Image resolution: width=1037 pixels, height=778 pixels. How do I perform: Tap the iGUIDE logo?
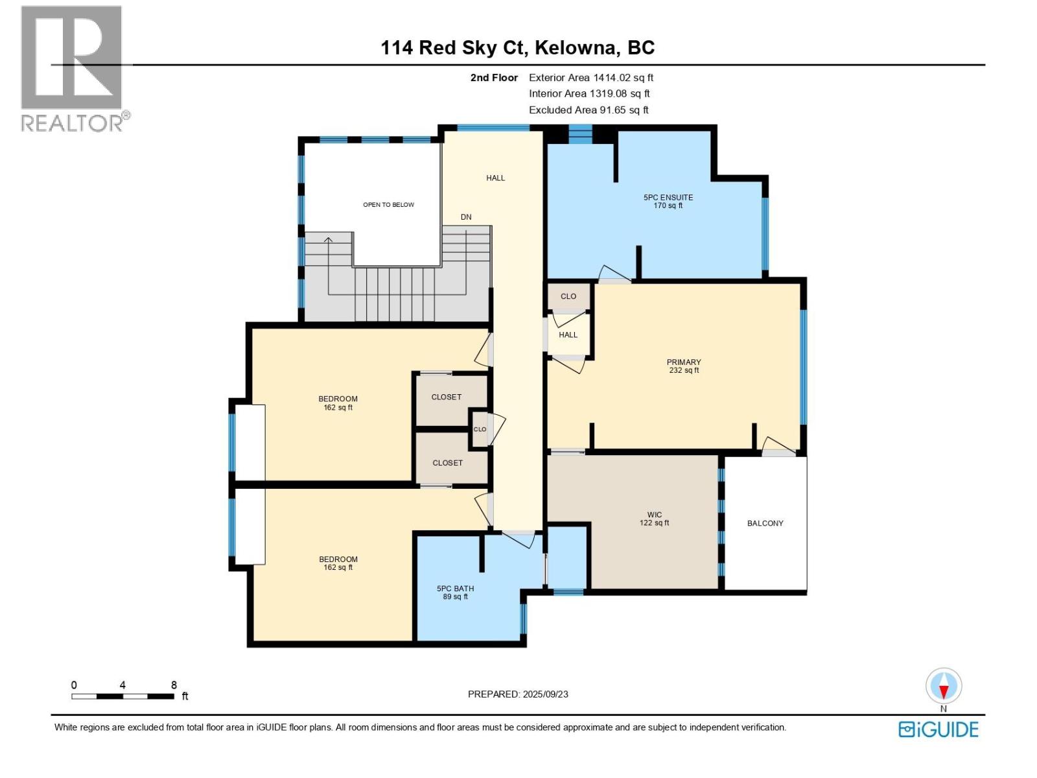tap(938, 729)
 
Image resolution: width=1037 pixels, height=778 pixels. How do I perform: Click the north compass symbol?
tap(944, 687)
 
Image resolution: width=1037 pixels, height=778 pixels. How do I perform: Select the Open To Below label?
tap(388, 205)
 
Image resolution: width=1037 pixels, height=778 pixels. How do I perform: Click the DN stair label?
tap(466, 217)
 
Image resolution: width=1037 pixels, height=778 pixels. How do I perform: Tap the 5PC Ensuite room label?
tap(668, 201)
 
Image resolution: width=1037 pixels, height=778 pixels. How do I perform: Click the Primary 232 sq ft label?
tap(684, 366)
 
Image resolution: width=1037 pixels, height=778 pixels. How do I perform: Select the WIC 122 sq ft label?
tap(654, 519)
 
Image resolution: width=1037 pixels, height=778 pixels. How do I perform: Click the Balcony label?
tap(765, 523)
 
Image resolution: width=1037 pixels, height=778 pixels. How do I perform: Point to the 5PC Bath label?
tap(455, 593)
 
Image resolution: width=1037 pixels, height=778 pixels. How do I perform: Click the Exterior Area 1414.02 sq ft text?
tap(590, 78)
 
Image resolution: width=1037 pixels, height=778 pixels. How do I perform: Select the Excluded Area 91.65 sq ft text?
tap(588, 110)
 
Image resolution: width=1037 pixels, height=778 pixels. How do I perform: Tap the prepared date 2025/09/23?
tap(518, 694)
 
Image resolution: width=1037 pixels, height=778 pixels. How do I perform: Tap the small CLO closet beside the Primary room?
tap(568, 296)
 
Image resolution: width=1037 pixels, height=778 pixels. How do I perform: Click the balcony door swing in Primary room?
tap(777, 446)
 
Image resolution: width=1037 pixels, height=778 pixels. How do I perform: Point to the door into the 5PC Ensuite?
tap(612, 275)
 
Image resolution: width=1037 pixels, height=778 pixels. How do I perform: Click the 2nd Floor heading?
tap(494, 78)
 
